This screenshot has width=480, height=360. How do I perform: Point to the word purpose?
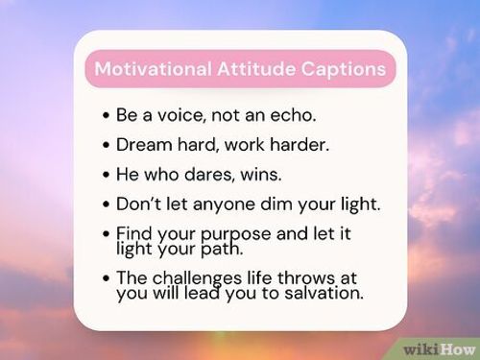(x=224, y=235)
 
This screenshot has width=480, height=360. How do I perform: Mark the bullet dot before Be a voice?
(x=105, y=115)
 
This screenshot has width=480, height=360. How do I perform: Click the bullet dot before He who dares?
(x=105, y=175)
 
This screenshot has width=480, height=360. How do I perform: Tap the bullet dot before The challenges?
(x=105, y=279)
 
